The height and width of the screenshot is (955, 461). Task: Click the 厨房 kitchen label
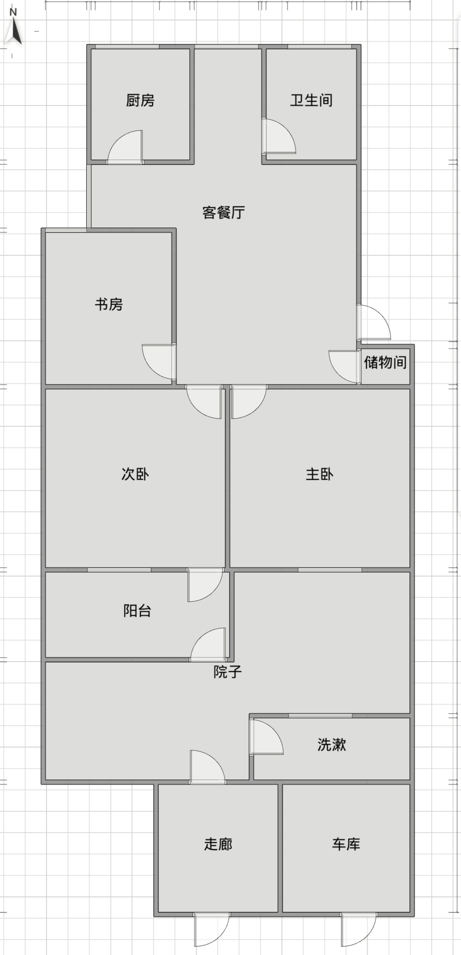coord(140,100)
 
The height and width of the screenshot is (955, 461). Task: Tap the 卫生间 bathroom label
coord(312,100)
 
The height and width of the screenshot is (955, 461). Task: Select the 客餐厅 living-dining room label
coord(224,212)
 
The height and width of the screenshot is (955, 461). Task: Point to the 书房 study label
coord(109,304)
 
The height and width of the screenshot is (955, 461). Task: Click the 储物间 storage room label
coord(385,362)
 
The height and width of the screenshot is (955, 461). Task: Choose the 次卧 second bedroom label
coord(135,474)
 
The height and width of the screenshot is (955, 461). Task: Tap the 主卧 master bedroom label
coord(320,474)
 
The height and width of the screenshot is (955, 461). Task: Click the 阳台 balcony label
coord(137,611)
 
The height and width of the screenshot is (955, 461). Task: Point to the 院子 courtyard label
coord(228,672)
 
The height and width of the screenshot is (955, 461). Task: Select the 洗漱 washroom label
coord(332,745)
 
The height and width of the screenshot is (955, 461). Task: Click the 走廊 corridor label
coord(218,844)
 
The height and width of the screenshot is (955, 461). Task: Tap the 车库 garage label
coord(346,844)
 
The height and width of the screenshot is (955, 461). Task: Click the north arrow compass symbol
coord(13,27)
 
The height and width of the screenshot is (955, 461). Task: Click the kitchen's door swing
coord(125,147)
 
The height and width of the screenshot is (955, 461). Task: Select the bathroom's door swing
coord(279,136)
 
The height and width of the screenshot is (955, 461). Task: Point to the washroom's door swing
coord(266,737)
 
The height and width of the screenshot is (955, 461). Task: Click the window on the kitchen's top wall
coord(127,47)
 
